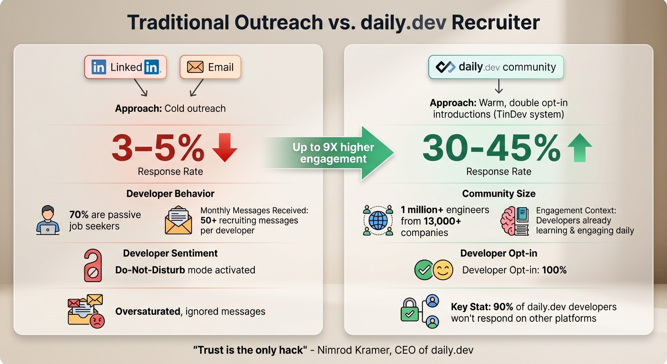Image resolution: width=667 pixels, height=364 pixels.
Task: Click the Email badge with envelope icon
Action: (210, 67)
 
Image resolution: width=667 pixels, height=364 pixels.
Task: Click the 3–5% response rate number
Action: (158, 149)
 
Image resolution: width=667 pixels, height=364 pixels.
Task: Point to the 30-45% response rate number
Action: (491, 149)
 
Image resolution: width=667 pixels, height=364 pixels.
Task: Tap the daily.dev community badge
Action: (496, 67)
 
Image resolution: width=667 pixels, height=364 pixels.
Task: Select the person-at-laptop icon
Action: (48, 220)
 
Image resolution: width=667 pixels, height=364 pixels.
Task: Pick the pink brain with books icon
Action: (514, 220)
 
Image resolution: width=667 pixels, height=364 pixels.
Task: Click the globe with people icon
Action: (378, 220)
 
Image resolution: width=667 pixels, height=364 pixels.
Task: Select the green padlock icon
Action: (409, 310)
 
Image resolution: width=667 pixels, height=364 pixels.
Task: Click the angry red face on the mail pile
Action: (97, 320)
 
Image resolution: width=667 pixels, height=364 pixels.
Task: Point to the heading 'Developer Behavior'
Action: (170, 193)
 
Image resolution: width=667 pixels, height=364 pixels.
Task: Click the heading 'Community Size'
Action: (499, 193)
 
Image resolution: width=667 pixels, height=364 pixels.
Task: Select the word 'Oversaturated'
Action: (147, 311)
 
